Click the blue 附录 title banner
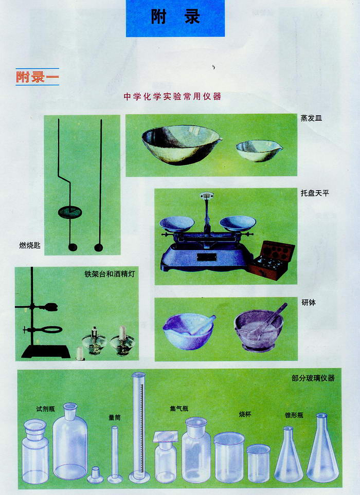coord(175,18)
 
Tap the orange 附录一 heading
coord(37,77)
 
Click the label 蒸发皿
coord(311,118)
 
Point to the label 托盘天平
coord(315,193)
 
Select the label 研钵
coord(309,302)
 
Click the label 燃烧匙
coord(30,245)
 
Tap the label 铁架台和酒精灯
coord(110,273)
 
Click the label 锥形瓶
coord(294,415)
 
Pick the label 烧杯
coord(245,414)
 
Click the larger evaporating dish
coord(181,144)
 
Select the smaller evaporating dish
coord(259,151)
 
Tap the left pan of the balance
coord(176,224)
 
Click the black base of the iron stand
coord(46,352)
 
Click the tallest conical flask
coord(322,448)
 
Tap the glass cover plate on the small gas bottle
coord(166,437)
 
